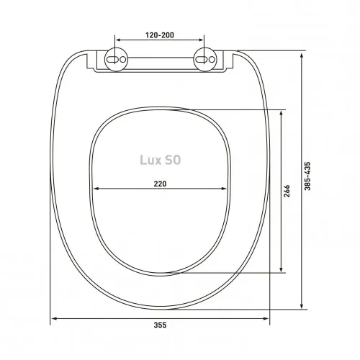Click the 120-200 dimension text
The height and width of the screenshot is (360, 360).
tap(160, 34)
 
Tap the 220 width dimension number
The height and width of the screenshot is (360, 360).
tap(160, 184)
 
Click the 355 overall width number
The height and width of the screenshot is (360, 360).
tap(160, 325)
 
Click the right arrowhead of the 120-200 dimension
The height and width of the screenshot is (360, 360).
tap(204, 40)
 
